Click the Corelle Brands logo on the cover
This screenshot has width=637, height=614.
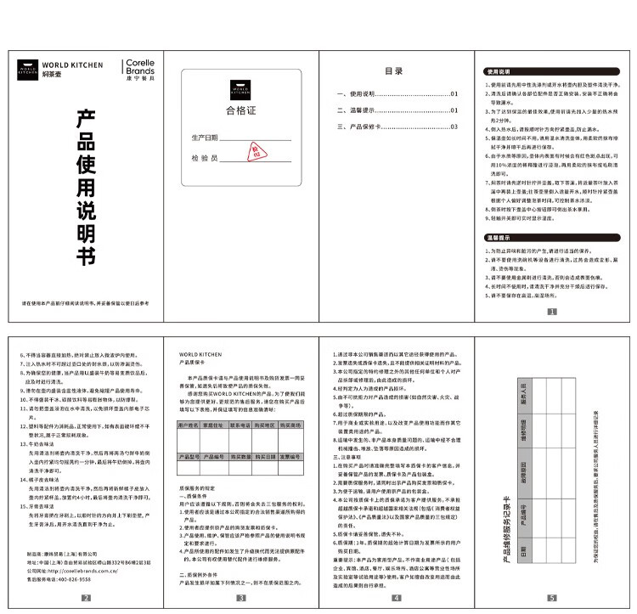pyautogui.click(x=138, y=70)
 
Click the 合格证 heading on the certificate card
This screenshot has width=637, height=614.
pyautogui.click(x=240, y=111)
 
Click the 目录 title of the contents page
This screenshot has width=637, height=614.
pyautogui.click(x=393, y=71)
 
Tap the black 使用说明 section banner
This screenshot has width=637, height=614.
pyautogui.click(x=499, y=71)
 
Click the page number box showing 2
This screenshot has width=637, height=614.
pyautogui.click(x=85, y=598)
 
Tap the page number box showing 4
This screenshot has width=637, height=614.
pyautogui.click(x=395, y=598)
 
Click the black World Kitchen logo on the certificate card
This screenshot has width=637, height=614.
pyautogui.click(x=240, y=87)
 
